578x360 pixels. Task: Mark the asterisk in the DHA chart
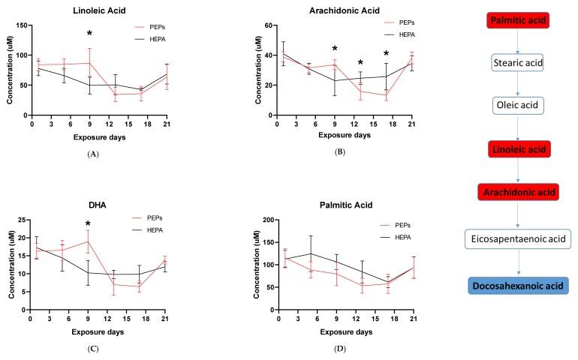coord(88,224)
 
